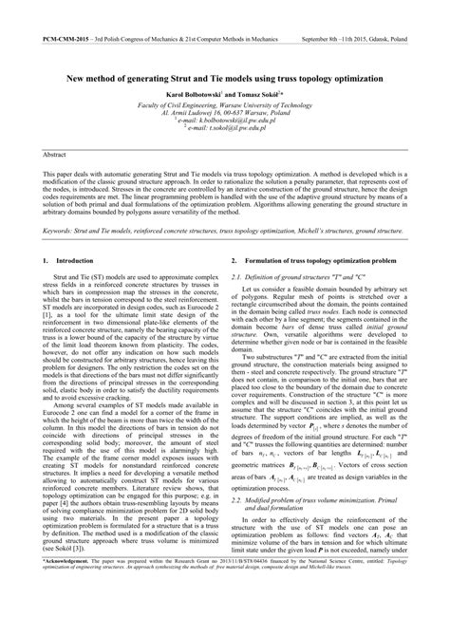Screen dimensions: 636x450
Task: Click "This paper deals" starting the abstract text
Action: pos(67,176)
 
